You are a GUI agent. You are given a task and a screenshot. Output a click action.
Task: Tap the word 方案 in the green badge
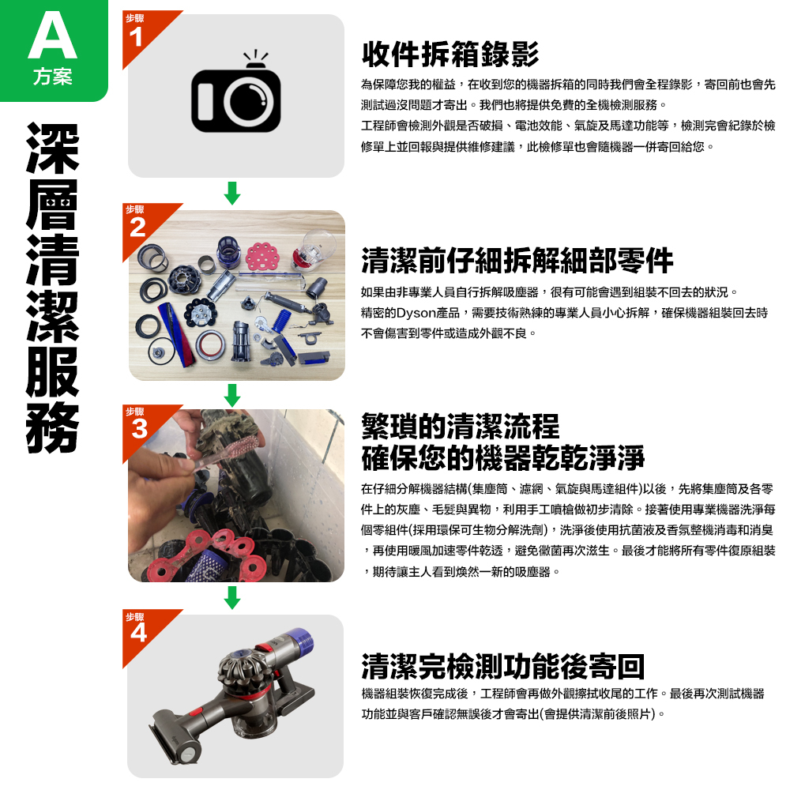(52, 78)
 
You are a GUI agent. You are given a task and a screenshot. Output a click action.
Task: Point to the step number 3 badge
(139, 428)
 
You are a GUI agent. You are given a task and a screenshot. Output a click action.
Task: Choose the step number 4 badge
(139, 632)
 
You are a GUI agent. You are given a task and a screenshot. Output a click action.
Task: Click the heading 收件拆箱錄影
(450, 55)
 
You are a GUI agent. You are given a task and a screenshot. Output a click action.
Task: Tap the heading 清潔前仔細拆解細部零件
(517, 260)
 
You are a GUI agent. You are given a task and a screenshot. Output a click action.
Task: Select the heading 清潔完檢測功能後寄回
(502, 667)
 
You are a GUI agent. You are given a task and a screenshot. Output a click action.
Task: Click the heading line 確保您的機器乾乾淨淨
(502, 457)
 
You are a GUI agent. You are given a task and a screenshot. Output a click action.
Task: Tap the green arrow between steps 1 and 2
(231, 192)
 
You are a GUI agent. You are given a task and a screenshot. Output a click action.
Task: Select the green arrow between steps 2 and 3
(231, 394)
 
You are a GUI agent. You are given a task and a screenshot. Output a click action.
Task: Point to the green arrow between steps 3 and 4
(231, 597)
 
